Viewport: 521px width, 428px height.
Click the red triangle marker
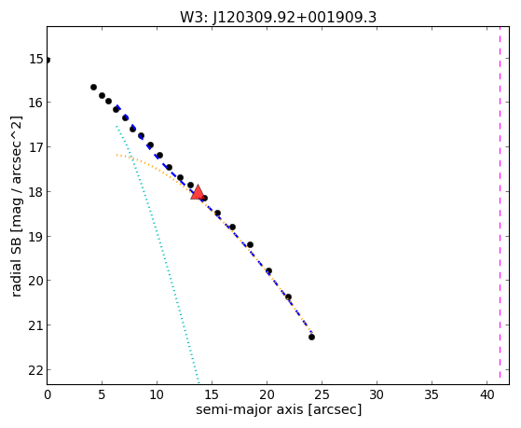(198, 192)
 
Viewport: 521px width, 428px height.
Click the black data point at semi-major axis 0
(48, 61)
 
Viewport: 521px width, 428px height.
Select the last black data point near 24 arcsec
(311, 337)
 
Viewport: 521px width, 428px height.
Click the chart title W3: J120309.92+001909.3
(278, 18)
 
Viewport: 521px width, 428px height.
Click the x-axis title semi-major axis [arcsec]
(279, 409)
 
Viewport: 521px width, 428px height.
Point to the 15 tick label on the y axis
(36, 59)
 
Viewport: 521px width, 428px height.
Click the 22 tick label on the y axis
(36, 370)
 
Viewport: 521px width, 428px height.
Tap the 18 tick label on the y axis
(36, 192)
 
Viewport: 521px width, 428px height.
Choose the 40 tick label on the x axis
(487, 394)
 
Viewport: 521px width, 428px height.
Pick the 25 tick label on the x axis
(322, 394)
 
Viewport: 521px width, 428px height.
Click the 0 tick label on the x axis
(48, 394)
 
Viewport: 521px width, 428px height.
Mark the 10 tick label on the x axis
(157, 394)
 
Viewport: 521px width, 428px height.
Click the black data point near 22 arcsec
(288, 297)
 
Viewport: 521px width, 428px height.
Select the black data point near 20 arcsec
(268, 271)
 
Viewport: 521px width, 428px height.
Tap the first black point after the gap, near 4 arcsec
(94, 87)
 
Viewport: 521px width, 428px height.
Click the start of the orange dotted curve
(117, 155)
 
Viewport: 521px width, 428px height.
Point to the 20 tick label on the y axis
(36, 281)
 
